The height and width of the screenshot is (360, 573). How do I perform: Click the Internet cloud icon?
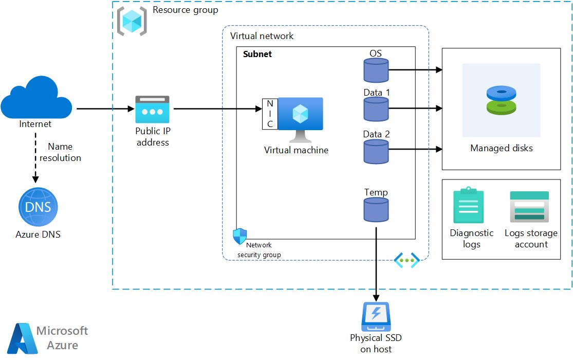click(x=36, y=98)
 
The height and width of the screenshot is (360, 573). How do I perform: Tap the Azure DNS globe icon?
click(x=38, y=207)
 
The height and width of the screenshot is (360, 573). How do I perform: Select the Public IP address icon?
click(x=152, y=109)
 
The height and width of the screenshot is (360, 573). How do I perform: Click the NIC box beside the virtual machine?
click(x=270, y=114)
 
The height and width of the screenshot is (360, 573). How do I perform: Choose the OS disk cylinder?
click(x=376, y=70)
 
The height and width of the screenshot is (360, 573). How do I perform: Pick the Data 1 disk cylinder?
click(x=376, y=109)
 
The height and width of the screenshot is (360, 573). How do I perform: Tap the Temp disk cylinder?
click(x=376, y=209)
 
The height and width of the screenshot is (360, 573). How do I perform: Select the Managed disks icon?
click(x=501, y=100)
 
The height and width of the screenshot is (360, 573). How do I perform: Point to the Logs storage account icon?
click(x=529, y=207)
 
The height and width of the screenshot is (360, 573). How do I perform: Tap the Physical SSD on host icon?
click(x=376, y=317)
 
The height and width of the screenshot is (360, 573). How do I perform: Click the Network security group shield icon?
click(x=240, y=236)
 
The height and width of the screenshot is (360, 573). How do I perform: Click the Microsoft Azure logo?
click(x=23, y=338)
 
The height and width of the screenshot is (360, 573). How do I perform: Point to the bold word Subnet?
click(x=257, y=54)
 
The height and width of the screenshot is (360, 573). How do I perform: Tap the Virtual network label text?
click(x=262, y=36)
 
